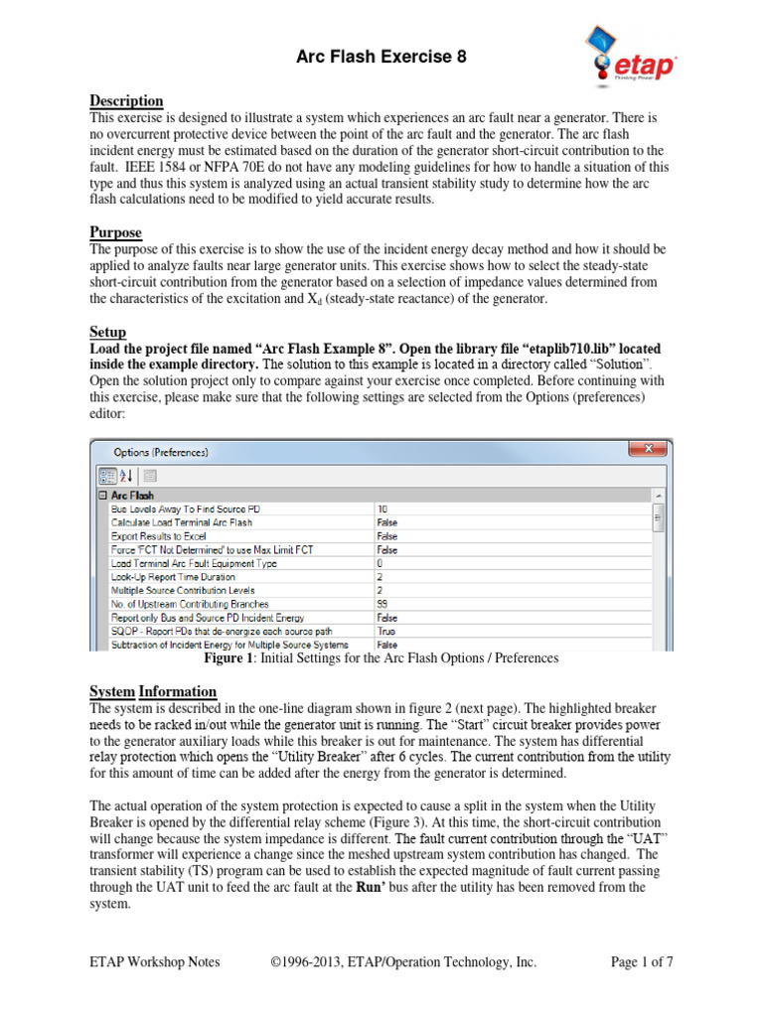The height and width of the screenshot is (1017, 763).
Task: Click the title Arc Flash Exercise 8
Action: click(381, 58)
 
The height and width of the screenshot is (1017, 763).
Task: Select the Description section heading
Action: click(126, 101)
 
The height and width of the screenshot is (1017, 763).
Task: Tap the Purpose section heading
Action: click(115, 232)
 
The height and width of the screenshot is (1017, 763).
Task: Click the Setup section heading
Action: click(108, 332)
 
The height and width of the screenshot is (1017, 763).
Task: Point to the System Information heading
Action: click(153, 691)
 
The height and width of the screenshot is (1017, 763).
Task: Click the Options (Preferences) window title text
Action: click(162, 452)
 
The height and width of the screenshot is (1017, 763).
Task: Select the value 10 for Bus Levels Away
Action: click(382, 508)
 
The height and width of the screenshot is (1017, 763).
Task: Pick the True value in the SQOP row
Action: click(385, 631)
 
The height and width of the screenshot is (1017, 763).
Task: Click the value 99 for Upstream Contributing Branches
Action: click(382, 604)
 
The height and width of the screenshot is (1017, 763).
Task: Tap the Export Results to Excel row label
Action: click(159, 535)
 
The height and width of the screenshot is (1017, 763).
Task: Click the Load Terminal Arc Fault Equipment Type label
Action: click(194, 563)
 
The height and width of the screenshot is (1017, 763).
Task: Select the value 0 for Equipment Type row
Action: click(381, 563)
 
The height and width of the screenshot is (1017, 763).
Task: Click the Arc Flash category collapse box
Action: click(101, 495)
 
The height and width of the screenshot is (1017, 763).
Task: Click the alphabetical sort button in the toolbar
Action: click(125, 476)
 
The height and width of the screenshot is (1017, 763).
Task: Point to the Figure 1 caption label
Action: click(230, 657)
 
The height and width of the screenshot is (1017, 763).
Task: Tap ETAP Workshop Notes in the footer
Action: click(154, 961)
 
